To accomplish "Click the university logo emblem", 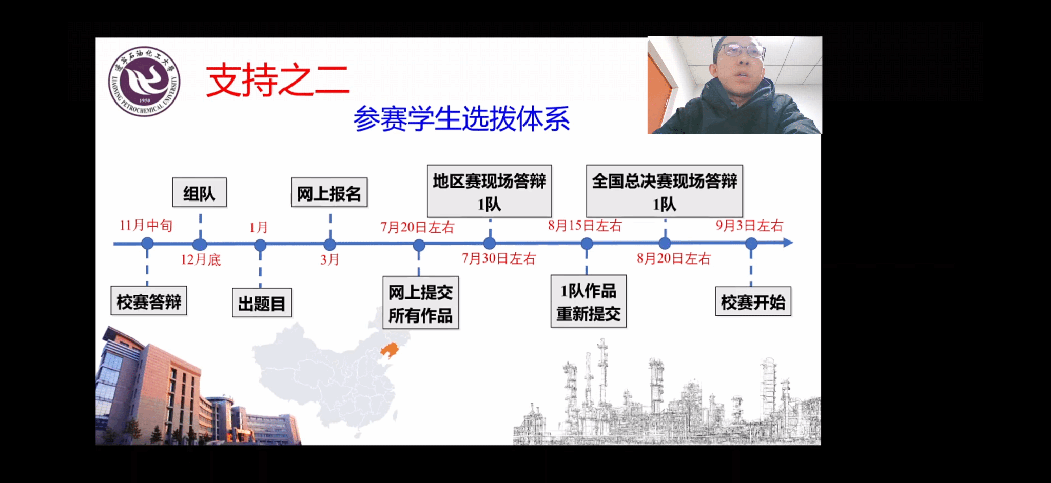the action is point(144,81).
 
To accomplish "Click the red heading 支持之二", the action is point(278,80).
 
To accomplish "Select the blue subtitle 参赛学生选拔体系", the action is point(461,118).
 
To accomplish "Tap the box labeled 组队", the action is point(199,193).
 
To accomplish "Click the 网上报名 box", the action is point(329,193).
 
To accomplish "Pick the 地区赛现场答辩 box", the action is point(490,191).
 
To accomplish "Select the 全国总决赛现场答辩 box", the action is point(665,191).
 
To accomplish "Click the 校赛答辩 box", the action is point(149,301).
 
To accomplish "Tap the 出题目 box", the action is point(262,303).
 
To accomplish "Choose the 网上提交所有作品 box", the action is point(421,303).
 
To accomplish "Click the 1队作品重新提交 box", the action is point(589,301).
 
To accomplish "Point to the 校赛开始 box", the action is point(753,301).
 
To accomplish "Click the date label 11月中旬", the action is point(146,225).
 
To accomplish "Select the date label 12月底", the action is point(201,259).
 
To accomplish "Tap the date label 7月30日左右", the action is point(499,258).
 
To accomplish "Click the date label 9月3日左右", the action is point(750,226).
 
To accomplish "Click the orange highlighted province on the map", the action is point(390,350).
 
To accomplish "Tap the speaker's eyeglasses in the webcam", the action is point(743,51).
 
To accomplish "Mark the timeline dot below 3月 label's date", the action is point(330,245).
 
